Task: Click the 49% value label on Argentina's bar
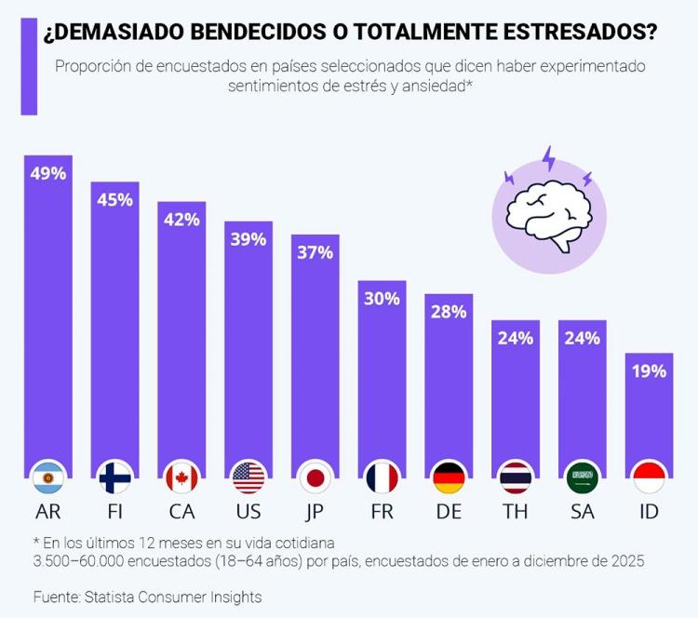tap(47, 173)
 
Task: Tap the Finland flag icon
tap(114, 477)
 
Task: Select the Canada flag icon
tap(181, 477)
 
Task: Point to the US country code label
tap(248, 511)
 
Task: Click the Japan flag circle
tap(315, 477)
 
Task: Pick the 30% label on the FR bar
tap(383, 299)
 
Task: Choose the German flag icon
tap(450, 477)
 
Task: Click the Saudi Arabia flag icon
tap(583, 477)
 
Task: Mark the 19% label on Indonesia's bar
tap(650, 371)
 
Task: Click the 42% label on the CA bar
tap(181, 220)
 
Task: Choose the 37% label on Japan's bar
tap(315, 252)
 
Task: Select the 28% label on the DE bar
tap(450, 312)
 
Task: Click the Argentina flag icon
tap(47, 477)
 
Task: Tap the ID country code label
tap(650, 511)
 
